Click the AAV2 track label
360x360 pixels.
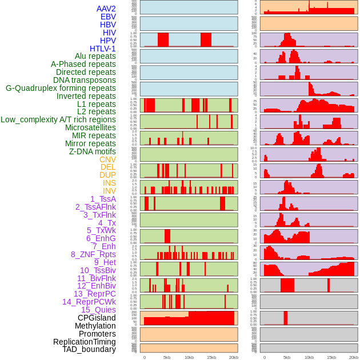click(x=106, y=9)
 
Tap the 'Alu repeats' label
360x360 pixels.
click(x=95, y=56)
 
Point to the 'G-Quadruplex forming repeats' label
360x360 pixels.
click(x=61, y=88)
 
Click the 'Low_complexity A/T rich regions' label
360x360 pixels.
click(x=58, y=119)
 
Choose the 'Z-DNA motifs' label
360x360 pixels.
click(x=92, y=151)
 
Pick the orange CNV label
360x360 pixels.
click(x=107, y=159)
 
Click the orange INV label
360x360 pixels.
click(x=109, y=191)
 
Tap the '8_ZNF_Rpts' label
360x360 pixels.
click(x=93, y=254)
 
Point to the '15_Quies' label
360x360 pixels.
click(x=98, y=310)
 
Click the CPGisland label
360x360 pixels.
click(x=97, y=318)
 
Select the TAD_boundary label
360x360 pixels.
click(x=89, y=349)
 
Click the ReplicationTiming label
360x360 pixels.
click(x=84, y=342)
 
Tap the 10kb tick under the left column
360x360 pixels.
click(x=189, y=357)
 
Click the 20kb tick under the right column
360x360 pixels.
click(x=354, y=357)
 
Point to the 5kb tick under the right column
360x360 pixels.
click(x=287, y=357)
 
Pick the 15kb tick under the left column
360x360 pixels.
click(x=211, y=357)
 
